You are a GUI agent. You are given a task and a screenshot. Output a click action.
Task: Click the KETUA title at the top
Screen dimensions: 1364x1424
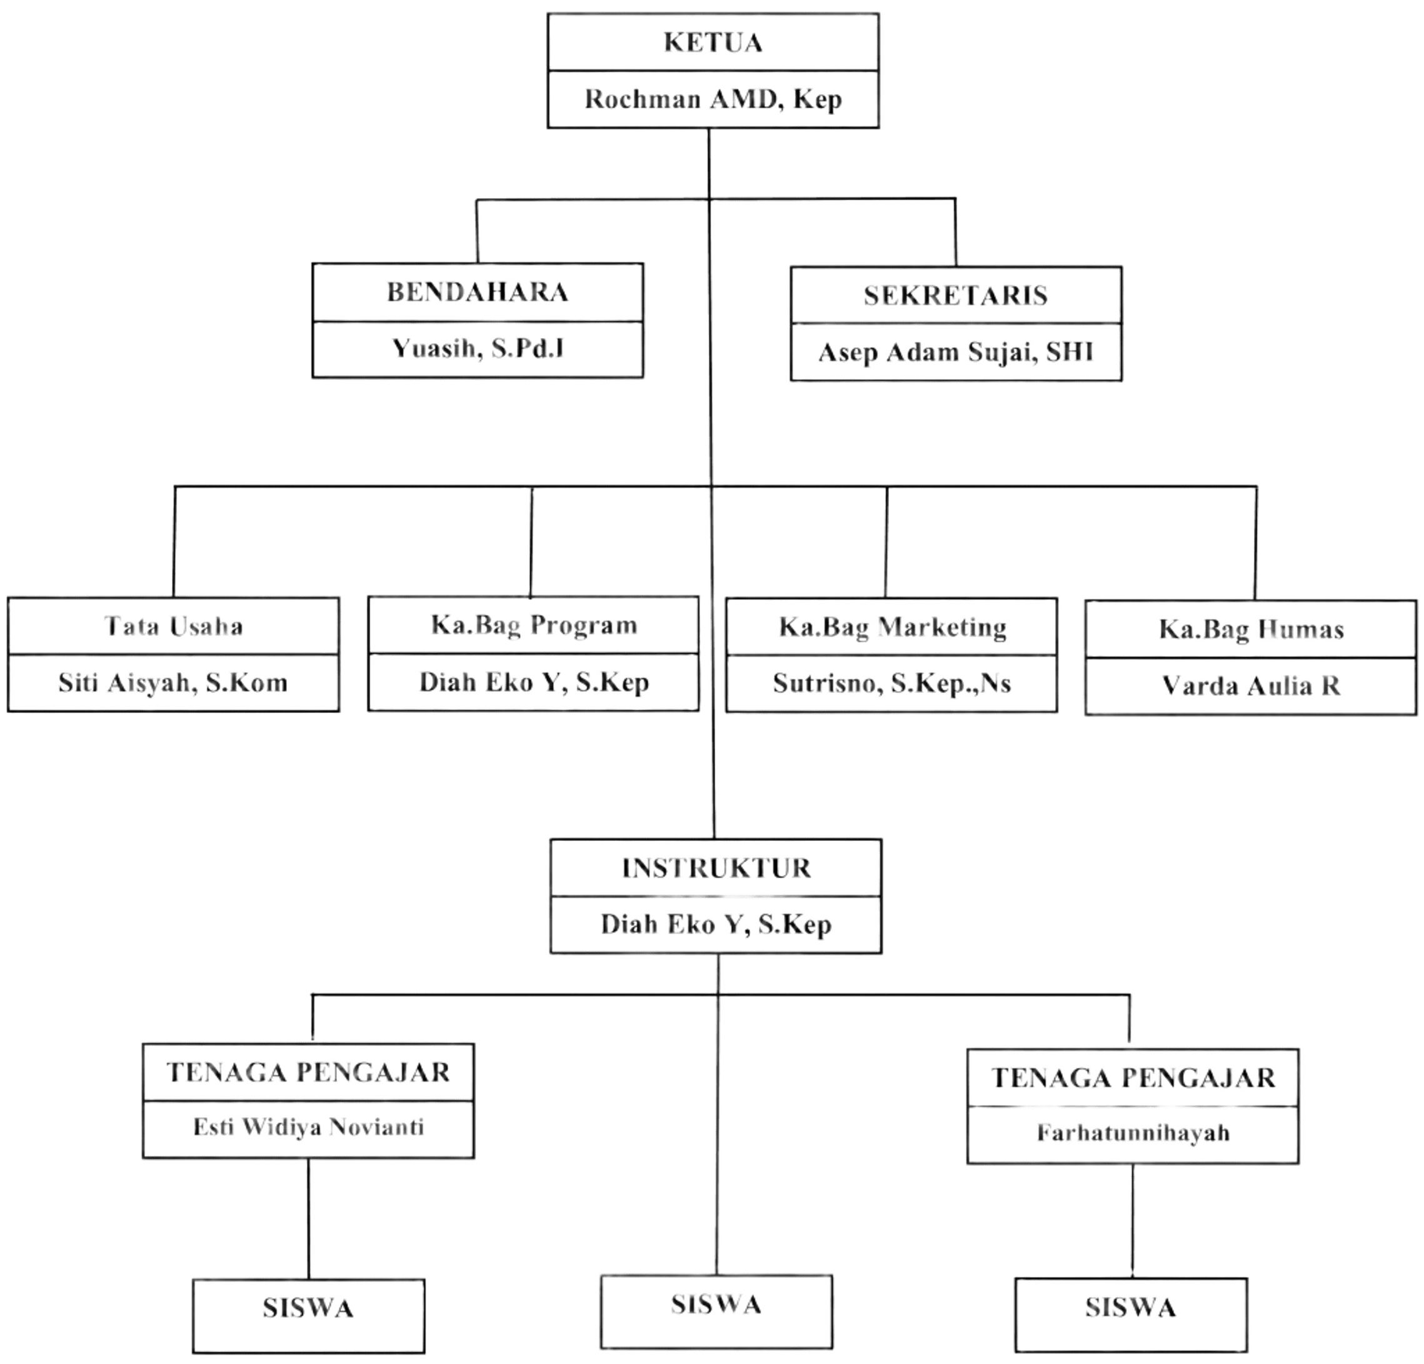click(713, 43)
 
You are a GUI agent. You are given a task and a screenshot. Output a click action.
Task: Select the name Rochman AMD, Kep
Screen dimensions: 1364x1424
click(713, 99)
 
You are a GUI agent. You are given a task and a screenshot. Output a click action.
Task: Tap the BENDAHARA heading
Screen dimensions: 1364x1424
click(478, 292)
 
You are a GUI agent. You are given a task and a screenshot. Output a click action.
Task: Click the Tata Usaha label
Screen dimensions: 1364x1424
click(173, 627)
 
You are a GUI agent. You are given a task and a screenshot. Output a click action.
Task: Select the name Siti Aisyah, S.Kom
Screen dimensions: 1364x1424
click(173, 684)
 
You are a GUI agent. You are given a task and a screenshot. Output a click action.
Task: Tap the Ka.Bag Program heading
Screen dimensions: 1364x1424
click(533, 625)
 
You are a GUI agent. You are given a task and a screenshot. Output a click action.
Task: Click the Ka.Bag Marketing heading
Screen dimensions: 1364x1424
click(892, 627)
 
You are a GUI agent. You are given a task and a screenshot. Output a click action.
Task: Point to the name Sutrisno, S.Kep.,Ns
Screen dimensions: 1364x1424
click(892, 684)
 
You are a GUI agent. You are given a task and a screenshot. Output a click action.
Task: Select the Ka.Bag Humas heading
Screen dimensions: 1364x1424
click(1251, 630)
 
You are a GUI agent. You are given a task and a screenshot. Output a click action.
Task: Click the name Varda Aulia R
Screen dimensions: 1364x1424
click(1251, 685)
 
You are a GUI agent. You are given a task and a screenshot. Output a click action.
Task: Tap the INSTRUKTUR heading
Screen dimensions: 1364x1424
click(715, 868)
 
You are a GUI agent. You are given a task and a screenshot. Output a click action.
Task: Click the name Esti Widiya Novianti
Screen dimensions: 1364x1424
click(308, 1127)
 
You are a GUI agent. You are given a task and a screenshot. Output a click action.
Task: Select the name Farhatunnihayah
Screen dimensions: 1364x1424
click(1133, 1132)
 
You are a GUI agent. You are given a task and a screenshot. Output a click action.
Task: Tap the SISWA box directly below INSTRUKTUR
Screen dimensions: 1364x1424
click(716, 1305)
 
